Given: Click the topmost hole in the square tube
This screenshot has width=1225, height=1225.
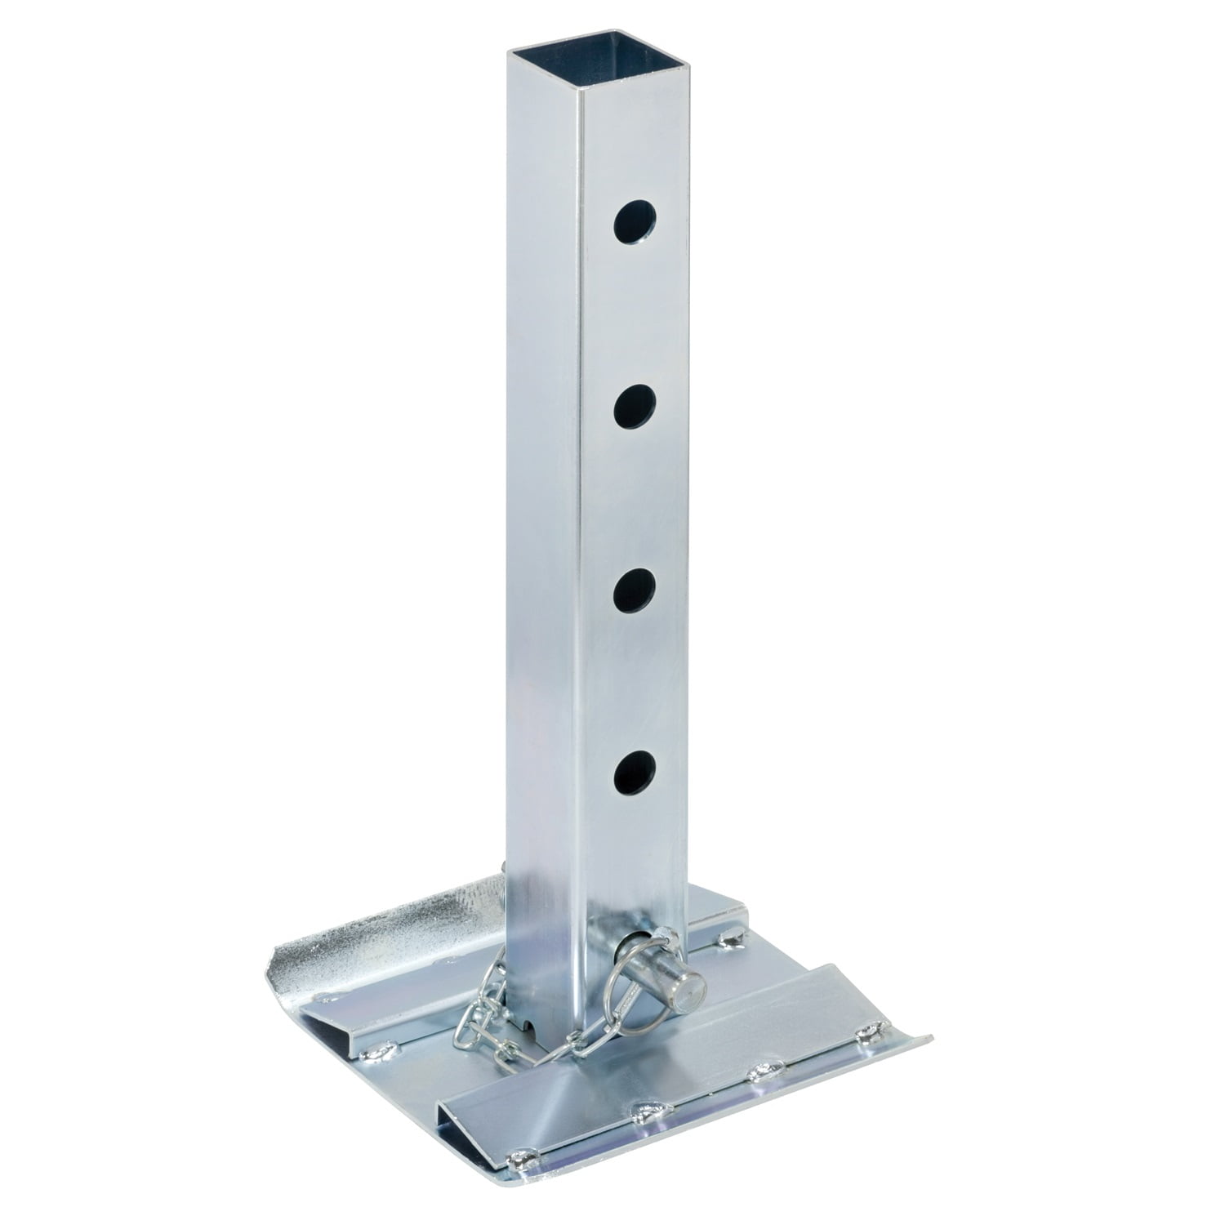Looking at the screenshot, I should coord(636,223).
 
